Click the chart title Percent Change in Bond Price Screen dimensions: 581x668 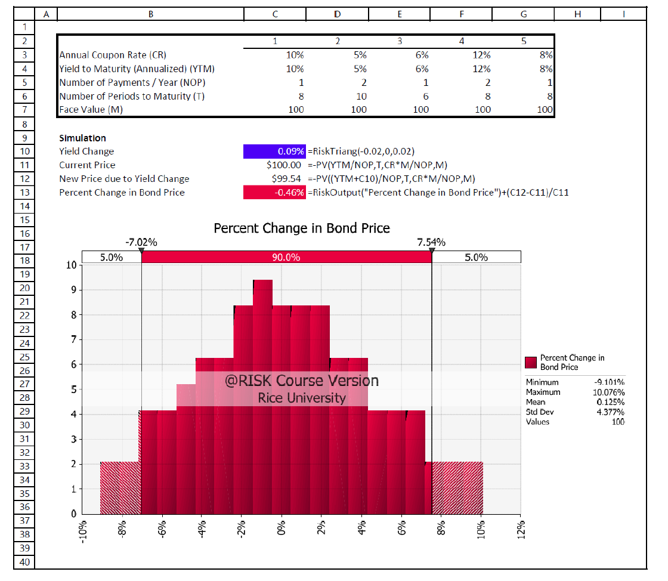[x=302, y=228]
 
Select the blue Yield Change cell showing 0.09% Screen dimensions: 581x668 [x=274, y=152]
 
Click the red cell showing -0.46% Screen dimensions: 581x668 [x=274, y=192]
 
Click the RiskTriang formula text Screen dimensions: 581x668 [x=361, y=152]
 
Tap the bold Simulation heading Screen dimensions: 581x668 [x=82, y=138]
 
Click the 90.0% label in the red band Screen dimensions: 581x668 [x=286, y=257]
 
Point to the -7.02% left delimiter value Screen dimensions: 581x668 [x=141, y=242]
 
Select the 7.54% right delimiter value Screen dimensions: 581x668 [x=431, y=242]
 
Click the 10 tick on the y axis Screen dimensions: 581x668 [x=70, y=265]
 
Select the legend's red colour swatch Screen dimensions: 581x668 [x=531, y=362]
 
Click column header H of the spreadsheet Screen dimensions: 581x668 [x=577, y=13]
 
